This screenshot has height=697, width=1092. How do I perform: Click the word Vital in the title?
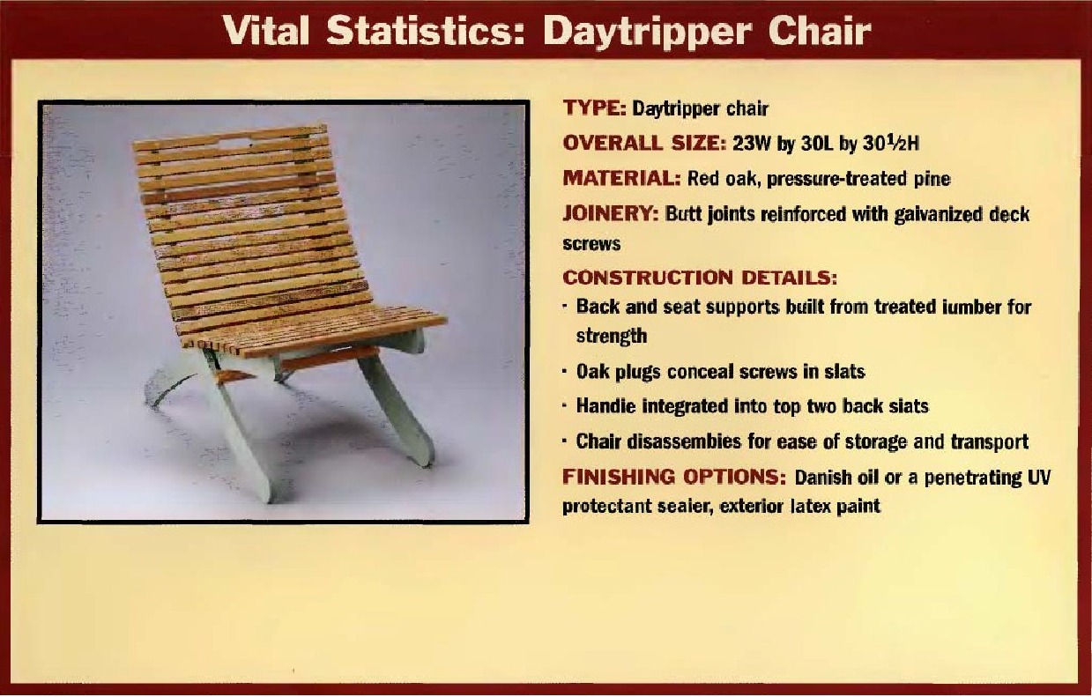tap(267, 31)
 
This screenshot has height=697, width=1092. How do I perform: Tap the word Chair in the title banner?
tap(819, 31)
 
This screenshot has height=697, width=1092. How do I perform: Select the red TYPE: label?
tap(594, 108)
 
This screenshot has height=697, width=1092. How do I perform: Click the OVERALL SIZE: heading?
tap(644, 144)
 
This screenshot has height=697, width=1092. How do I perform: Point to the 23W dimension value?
tap(755, 144)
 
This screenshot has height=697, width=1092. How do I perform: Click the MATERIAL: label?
tap(621, 178)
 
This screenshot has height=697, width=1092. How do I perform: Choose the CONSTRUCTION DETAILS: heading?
tap(700, 278)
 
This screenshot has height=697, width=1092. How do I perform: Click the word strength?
tap(612, 337)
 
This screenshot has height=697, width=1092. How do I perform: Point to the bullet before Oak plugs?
tap(565, 372)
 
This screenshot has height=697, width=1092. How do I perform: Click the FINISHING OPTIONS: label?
tap(674, 476)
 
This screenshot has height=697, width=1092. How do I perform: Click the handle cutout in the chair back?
tap(233, 142)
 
